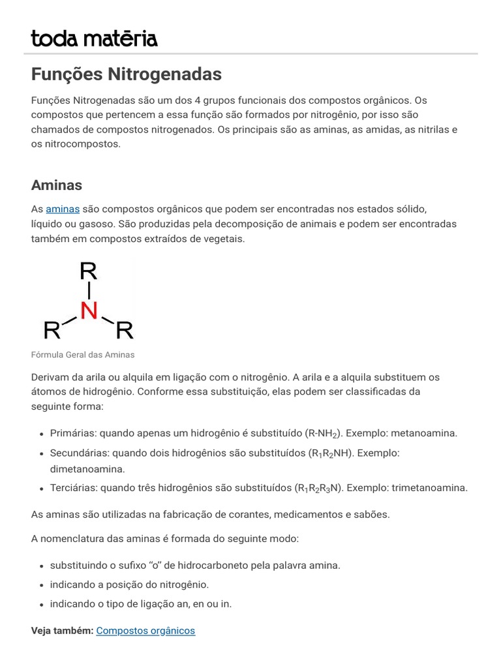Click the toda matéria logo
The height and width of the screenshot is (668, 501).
[x=94, y=38]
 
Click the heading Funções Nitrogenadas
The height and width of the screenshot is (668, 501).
[x=127, y=74]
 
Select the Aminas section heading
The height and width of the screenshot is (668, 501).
[x=57, y=185]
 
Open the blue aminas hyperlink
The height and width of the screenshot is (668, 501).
[x=63, y=209]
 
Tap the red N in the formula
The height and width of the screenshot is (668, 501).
[x=89, y=311]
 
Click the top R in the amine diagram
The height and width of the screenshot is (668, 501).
[x=89, y=271]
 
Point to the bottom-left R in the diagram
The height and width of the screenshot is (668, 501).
[x=52, y=331]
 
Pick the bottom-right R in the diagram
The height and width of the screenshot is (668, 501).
[x=124, y=331]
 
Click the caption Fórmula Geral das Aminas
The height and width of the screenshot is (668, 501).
[x=82, y=354]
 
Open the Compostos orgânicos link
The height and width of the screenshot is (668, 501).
[x=145, y=630]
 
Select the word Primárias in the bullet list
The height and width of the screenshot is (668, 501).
[x=73, y=433]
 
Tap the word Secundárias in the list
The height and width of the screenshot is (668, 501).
[x=78, y=453]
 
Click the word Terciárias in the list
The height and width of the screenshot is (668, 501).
[x=73, y=487]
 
